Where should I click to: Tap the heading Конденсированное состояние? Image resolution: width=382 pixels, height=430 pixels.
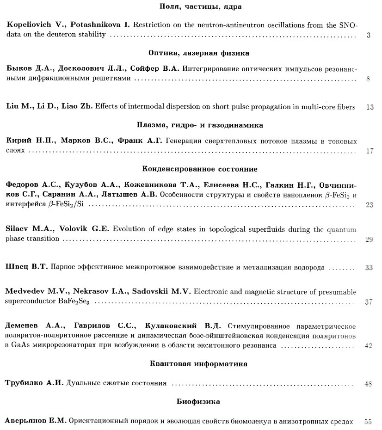(200, 169)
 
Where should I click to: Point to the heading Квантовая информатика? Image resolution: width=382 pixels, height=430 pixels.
(198, 364)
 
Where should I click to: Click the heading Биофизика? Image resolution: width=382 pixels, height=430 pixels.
(198, 402)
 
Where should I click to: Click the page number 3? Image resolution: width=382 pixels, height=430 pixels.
(369, 35)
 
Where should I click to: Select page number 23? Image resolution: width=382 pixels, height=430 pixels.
(369, 204)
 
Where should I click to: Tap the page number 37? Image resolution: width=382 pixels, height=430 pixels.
(369, 302)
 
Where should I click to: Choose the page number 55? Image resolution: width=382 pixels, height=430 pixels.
(369, 422)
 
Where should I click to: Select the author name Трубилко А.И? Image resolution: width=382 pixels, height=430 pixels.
(35, 383)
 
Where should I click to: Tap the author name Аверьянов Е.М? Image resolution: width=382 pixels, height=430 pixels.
(36, 422)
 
